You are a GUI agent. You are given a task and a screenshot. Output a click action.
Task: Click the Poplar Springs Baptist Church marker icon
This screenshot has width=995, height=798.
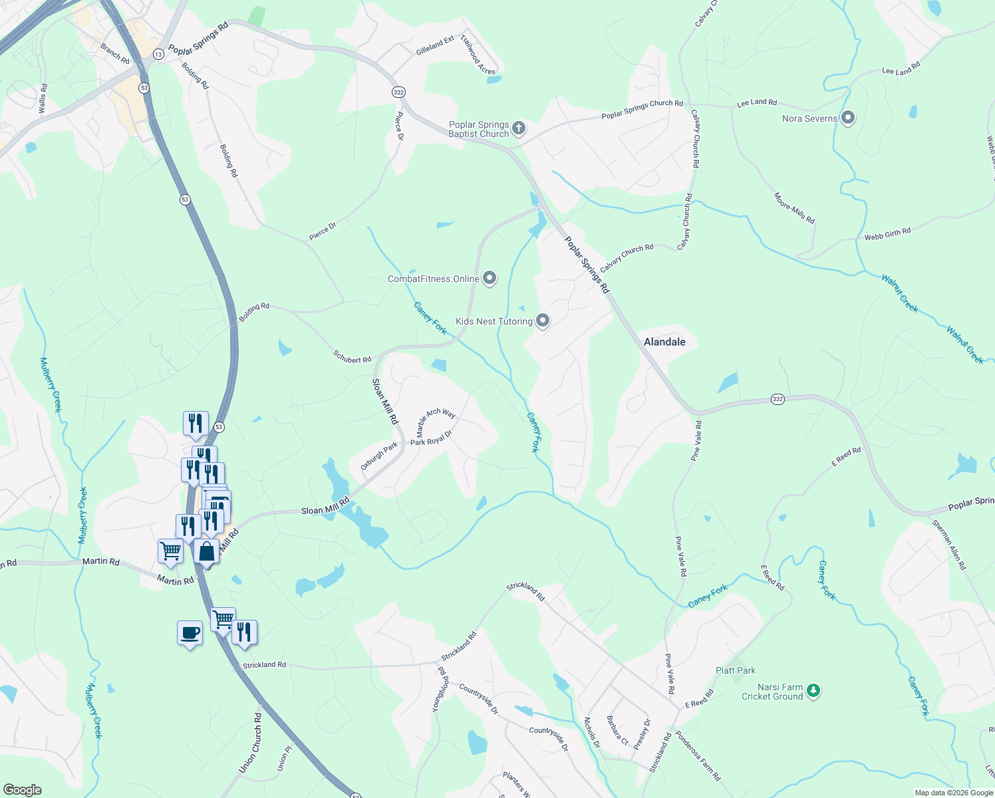click(x=519, y=128)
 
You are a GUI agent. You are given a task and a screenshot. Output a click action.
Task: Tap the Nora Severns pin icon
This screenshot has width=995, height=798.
click(x=847, y=118)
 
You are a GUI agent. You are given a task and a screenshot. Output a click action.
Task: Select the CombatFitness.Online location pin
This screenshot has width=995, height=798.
click(x=490, y=278)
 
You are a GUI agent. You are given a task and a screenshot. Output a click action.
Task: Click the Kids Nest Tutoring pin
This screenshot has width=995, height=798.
click(x=543, y=321)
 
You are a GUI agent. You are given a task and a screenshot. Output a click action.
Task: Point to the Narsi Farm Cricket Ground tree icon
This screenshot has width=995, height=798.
click(x=813, y=692)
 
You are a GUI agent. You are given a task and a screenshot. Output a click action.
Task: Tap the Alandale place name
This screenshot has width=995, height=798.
click(x=664, y=342)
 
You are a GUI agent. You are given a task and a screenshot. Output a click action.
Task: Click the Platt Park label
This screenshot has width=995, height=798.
click(x=736, y=670)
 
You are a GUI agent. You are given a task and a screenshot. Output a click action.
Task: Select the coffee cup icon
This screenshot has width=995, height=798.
click(x=190, y=632)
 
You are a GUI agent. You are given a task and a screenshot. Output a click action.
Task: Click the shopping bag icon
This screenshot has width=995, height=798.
click(x=206, y=551)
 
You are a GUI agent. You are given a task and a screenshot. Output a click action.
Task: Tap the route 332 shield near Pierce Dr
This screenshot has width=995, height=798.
click(x=398, y=92)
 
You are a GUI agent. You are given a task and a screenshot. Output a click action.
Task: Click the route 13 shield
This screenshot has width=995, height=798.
click(x=158, y=55)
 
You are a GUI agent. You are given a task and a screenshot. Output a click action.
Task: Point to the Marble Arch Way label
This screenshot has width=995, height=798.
click(x=436, y=422)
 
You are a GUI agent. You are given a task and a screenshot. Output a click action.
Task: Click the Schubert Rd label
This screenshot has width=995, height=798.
click(x=352, y=357)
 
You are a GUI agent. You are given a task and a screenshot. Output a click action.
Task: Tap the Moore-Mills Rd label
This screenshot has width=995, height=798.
click(x=794, y=208)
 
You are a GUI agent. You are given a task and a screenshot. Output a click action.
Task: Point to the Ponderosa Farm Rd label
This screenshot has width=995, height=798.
click(x=698, y=755)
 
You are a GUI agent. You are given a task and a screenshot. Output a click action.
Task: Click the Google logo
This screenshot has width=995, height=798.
click(x=22, y=790)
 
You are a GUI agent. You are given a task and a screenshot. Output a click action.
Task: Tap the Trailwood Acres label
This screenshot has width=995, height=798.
click(x=478, y=55)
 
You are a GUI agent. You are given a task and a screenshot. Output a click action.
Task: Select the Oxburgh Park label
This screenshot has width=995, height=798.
click(x=379, y=456)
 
